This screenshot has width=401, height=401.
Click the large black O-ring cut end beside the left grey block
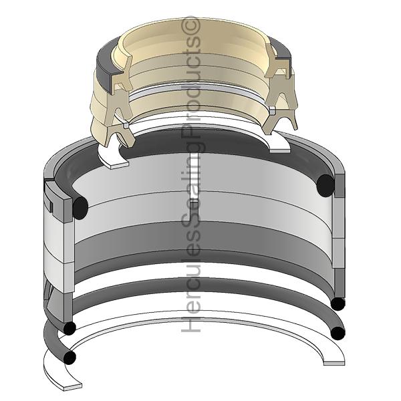(x=80, y=208)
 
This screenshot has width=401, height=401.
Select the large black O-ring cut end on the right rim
(x=325, y=185)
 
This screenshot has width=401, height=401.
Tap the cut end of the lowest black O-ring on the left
(x=70, y=357)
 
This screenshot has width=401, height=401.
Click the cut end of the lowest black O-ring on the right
(x=338, y=333)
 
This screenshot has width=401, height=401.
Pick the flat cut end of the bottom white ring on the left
(x=73, y=387)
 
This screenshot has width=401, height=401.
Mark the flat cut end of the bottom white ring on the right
(x=334, y=363)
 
